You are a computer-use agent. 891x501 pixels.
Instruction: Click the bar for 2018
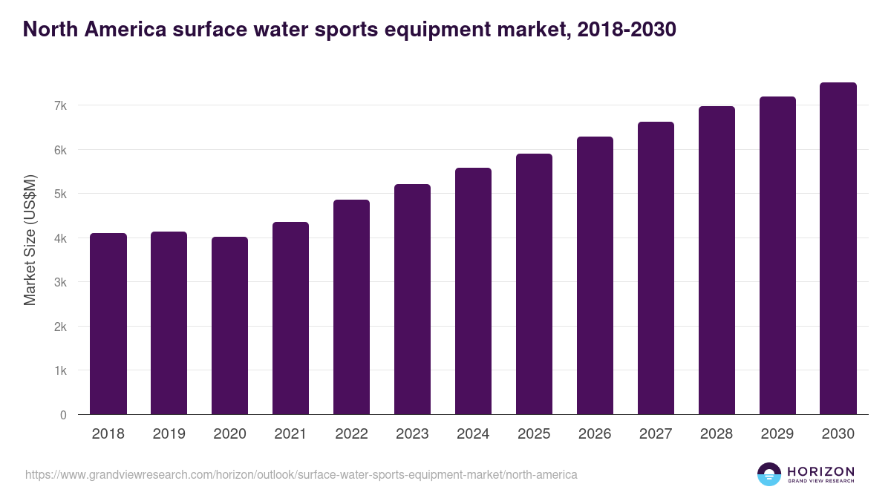click(x=108, y=324)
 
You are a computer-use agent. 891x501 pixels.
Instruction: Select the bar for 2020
click(x=230, y=326)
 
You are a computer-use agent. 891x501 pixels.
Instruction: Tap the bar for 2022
click(x=351, y=307)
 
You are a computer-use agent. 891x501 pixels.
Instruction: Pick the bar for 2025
click(x=534, y=284)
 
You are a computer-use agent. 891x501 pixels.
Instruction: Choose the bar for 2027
click(x=656, y=268)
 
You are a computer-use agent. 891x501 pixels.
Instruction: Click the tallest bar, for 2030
click(x=838, y=249)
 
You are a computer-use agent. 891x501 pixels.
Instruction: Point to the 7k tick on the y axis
click(x=60, y=106)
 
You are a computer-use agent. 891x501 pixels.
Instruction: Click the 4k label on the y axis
click(x=60, y=238)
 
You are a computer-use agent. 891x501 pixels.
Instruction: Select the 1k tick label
click(x=60, y=370)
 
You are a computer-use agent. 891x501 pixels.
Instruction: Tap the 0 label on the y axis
click(x=63, y=415)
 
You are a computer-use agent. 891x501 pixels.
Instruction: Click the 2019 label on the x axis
click(x=169, y=434)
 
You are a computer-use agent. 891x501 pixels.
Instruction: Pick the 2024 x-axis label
click(x=473, y=434)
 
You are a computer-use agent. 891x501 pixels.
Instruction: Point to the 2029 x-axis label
click(x=777, y=434)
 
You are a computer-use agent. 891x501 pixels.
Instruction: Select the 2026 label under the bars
click(x=595, y=434)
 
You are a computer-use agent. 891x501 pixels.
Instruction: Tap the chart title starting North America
click(x=349, y=30)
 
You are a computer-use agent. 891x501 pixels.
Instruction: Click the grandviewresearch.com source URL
click(x=301, y=474)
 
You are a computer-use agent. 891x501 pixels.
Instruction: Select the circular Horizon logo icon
click(x=769, y=474)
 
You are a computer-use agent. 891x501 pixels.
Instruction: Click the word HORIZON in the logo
click(x=820, y=471)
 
